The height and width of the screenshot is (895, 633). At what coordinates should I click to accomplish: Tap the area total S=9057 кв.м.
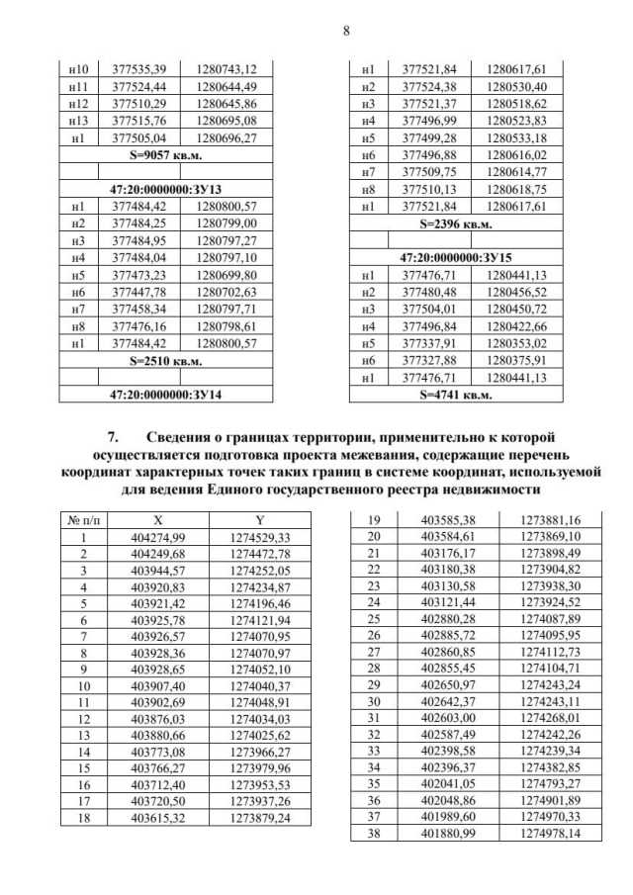click(x=165, y=155)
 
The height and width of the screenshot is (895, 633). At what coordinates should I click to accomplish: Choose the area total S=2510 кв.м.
click(x=165, y=362)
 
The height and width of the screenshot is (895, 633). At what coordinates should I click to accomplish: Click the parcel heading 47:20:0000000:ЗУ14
click(x=165, y=395)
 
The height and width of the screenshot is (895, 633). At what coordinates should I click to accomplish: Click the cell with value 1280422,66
click(x=517, y=327)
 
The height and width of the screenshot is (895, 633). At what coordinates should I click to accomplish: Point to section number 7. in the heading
click(x=113, y=436)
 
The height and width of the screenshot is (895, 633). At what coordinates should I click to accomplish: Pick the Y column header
click(x=259, y=519)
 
